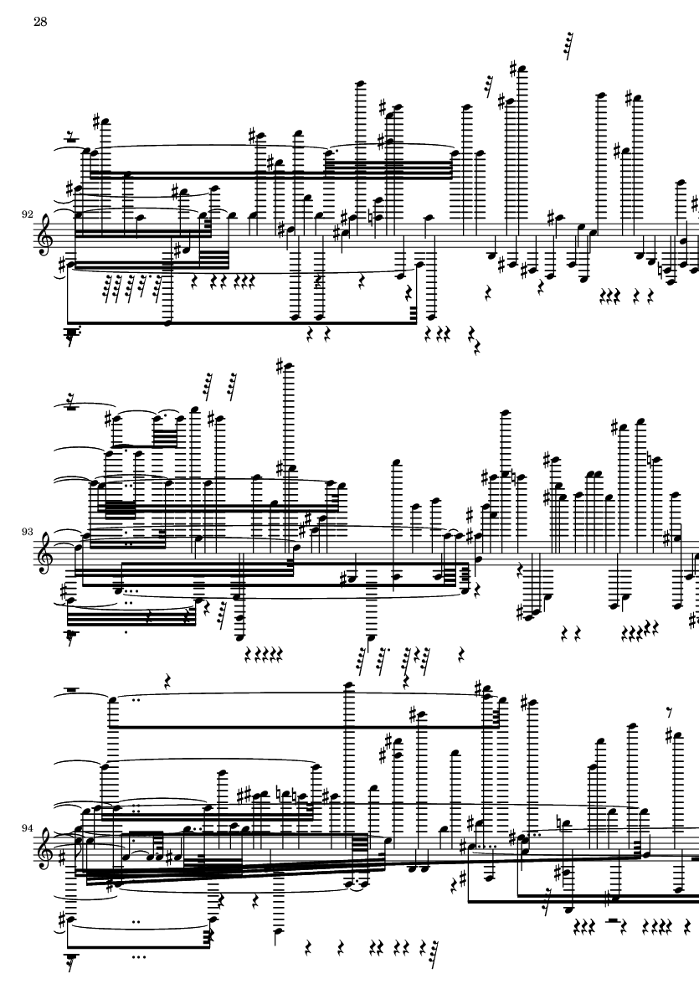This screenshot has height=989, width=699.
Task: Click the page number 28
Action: [40, 23]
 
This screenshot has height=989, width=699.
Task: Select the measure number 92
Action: [27, 214]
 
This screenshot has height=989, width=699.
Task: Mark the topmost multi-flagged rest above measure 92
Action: [570, 46]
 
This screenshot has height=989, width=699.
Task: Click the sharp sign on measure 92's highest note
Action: [515, 68]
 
